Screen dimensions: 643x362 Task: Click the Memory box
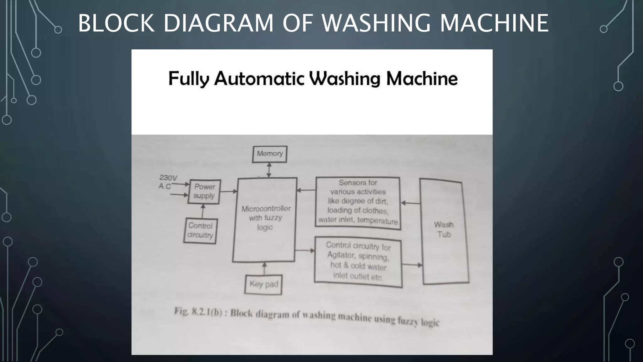coord(270,154)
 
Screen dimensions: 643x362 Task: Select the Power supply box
coord(204,191)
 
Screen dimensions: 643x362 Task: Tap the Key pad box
coord(264,284)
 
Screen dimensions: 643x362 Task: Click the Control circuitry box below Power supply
coord(200,231)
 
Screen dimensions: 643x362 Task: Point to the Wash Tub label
coord(444,229)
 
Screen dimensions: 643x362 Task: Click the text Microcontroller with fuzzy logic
coord(266,218)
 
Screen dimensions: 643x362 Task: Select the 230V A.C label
coord(167,182)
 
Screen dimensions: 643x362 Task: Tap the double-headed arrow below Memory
coord(269,170)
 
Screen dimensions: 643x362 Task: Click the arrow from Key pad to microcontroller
coord(264,269)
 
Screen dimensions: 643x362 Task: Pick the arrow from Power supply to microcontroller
coord(229,191)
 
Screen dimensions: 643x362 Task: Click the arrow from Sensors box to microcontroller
coord(306,190)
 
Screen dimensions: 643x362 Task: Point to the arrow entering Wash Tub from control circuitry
coord(412,265)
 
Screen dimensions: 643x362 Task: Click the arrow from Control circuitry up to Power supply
coord(203,211)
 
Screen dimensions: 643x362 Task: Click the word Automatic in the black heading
coord(259,79)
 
